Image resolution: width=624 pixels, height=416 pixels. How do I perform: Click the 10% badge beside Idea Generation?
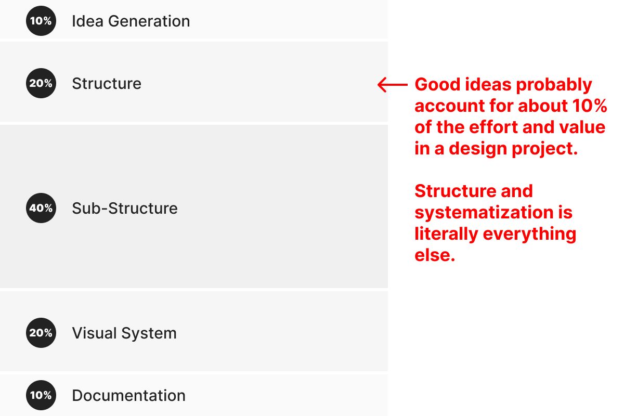41,21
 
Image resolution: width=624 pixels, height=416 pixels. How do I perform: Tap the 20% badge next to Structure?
41,83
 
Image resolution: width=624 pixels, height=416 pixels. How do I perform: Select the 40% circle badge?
41,208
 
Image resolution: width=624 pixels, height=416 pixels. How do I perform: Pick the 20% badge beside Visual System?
41,333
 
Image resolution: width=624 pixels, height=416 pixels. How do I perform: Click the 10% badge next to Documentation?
41,395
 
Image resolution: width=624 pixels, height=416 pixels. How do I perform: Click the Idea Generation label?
131,21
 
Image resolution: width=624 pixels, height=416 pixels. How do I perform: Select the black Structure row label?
107,84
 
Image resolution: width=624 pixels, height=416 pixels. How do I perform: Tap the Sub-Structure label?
125,208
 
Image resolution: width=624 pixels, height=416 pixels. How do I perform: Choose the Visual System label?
124,333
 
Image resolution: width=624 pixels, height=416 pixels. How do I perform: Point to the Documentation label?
129,396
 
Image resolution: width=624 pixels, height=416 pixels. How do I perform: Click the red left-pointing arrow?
392,84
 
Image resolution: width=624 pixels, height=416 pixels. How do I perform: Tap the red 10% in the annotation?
590,106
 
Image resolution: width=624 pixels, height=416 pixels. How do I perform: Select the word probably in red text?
554,85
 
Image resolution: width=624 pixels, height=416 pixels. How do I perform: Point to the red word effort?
493,127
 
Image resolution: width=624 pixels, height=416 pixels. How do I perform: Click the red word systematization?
484,213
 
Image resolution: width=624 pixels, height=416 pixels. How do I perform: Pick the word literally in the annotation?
446,235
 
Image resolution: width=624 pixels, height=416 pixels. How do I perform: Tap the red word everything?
529,235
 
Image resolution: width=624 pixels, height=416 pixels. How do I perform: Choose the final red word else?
435,255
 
